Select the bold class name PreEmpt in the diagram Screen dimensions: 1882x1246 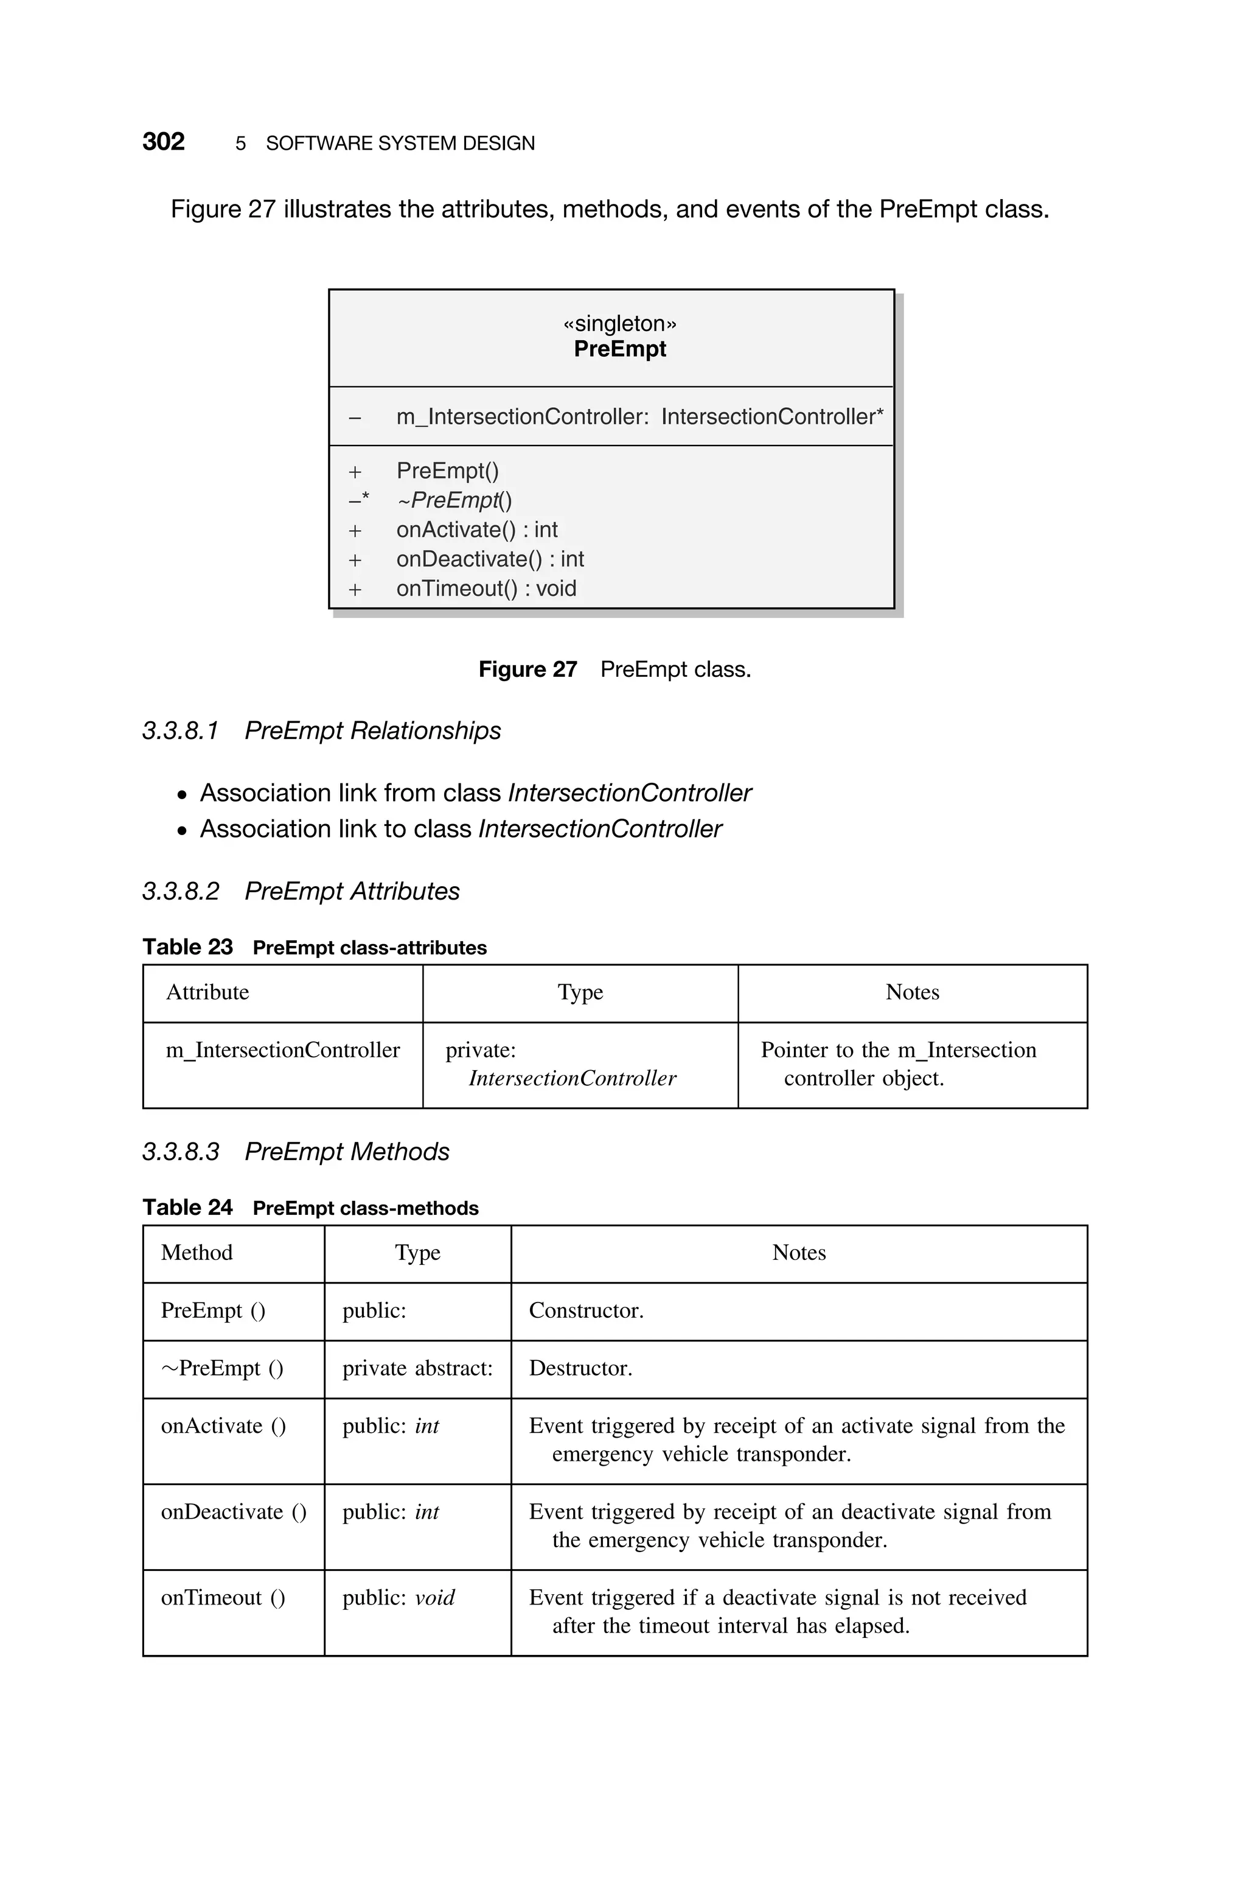pyautogui.click(x=620, y=349)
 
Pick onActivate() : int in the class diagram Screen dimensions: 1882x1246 pyautogui.click(x=477, y=530)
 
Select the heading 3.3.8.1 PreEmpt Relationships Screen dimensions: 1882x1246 pyautogui.click(x=321, y=730)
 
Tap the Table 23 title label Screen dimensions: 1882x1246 pyautogui.click(x=187, y=946)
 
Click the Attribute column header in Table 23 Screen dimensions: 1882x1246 pyautogui.click(x=207, y=992)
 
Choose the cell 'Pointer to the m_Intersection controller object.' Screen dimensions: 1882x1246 pyautogui.click(x=898, y=1063)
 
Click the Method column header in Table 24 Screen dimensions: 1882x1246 pyautogui.click(x=197, y=1253)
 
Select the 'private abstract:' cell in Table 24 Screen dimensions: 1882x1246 pyautogui.click(x=417, y=1368)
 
